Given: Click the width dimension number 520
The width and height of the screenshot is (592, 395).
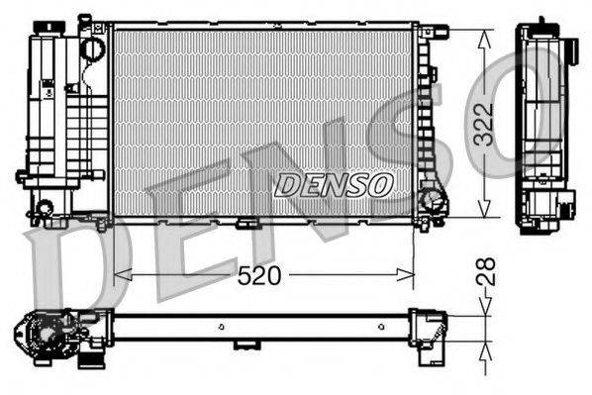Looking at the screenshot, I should pos(260,278).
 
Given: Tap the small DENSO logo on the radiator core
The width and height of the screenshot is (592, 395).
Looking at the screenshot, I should pos(335,184).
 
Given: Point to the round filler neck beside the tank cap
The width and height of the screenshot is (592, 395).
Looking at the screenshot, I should pos(91,46).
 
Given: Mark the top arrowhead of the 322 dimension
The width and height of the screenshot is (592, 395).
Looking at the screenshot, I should pos(483,36).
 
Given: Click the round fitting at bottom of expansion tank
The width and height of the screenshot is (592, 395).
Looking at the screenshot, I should pos(43,208).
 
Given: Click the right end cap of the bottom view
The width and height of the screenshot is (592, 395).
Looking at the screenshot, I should pos(428,326).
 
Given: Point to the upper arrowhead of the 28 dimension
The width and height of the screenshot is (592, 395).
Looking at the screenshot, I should pos(483,310).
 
